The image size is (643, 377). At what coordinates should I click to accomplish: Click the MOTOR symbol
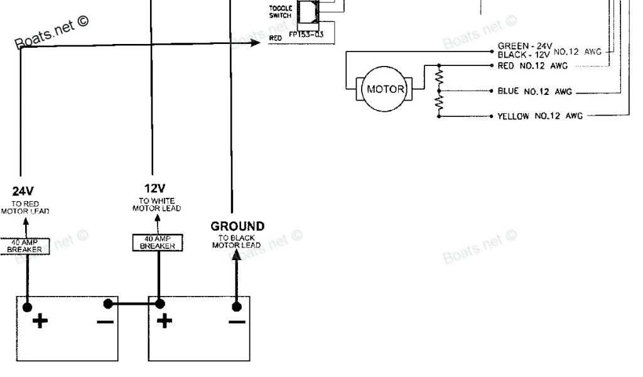386,89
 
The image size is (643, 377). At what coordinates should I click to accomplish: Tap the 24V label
23,190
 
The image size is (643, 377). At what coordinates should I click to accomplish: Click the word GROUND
237,226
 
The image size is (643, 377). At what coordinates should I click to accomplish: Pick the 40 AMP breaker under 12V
158,243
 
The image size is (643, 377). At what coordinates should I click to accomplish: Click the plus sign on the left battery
40,322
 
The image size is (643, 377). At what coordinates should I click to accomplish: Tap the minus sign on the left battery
105,322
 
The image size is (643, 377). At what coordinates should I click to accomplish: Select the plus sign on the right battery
165,322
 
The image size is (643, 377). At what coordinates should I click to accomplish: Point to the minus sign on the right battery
237,322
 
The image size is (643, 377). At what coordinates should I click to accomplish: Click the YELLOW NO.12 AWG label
539,116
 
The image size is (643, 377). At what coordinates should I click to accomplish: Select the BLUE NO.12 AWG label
534,92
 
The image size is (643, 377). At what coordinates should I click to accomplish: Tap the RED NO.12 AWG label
532,65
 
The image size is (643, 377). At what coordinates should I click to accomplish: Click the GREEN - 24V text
524,46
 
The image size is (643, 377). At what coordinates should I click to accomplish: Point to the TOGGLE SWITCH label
280,11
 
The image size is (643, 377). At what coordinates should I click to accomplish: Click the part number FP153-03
306,35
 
